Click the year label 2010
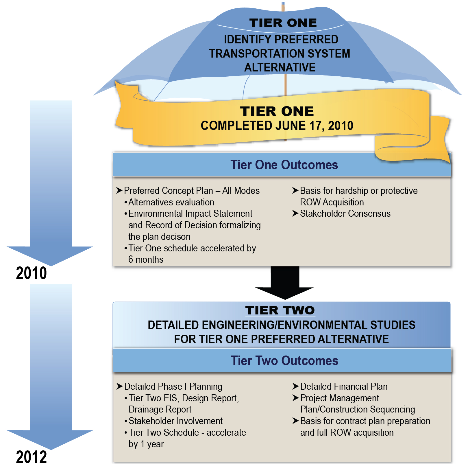point(31,273)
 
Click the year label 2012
point(31,456)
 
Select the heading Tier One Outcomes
point(284,165)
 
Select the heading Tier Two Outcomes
point(284,361)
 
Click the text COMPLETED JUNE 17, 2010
point(277,126)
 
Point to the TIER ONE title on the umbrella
point(283,23)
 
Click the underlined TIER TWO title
point(280,310)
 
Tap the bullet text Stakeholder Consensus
point(345,214)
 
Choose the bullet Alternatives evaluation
point(171,202)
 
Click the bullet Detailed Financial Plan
point(344,386)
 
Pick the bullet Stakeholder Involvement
point(175,421)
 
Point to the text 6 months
point(146,259)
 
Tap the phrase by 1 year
point(146,444)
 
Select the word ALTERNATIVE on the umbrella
point(280,67)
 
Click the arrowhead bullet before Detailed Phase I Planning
point(120,386)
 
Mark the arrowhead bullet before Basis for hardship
point(295,191)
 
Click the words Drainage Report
point(160,409)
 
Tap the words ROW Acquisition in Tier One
point(332,202)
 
